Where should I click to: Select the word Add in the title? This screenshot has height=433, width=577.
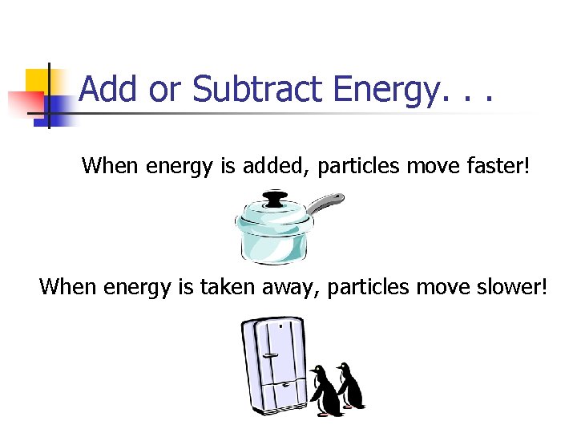click(110, 89)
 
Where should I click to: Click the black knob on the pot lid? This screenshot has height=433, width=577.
click(275, 197)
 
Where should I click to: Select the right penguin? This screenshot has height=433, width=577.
click(349, 386)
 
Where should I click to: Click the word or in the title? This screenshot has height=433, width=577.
click(164, 89)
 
